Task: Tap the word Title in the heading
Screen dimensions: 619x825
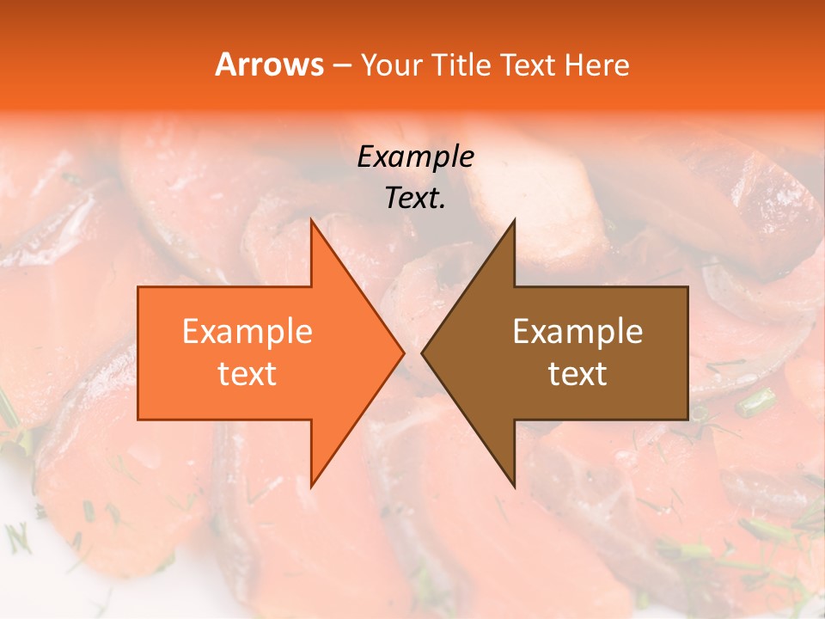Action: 461,64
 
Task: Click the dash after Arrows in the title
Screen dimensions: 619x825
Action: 342,65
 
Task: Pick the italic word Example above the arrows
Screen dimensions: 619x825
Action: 416,157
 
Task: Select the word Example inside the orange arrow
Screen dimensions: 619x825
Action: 247,332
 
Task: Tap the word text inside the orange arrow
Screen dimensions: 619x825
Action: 247,374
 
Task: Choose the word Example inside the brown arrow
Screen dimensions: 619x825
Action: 577,332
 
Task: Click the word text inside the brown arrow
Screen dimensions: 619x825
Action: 577,374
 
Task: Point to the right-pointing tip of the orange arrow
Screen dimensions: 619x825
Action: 404,352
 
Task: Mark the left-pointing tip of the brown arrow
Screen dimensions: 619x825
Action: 422,352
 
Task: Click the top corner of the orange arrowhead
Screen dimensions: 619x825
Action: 311,219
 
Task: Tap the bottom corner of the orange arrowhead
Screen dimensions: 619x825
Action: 311,487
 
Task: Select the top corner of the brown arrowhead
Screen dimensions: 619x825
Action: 514,219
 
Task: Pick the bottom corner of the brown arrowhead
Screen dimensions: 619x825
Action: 514,487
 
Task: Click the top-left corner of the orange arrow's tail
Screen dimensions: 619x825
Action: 138,287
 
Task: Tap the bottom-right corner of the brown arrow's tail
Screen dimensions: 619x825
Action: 687,420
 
